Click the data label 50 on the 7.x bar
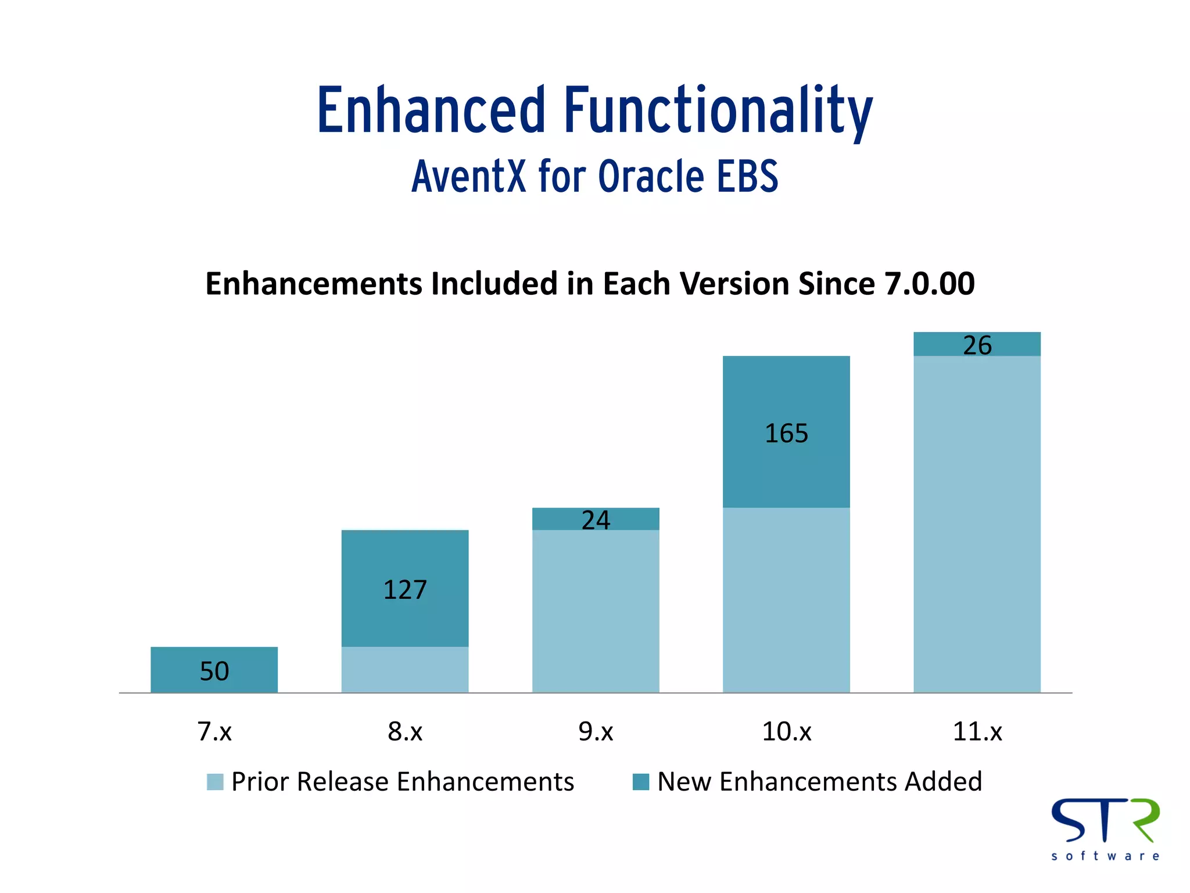pos(214,671)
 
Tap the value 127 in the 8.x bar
pos(405,590)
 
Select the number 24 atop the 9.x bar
pos(596,520)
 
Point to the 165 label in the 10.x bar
pos(786,434)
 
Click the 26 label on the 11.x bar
pos(977,345)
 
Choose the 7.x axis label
pos(214,731)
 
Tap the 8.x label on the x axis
pos(405,731)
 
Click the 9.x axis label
pos(596,731)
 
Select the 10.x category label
pos(786,731)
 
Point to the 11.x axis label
pos(977,731)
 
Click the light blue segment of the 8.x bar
pos(405,670)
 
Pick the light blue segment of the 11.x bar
pos(977,523)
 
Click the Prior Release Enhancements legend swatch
pos(215,782)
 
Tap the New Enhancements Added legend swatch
pos(640,782)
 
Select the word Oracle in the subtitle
pos(651,176)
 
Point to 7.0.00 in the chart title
pos(929,284)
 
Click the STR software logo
pos(1105,829)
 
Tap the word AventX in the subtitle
pos(468,176)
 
